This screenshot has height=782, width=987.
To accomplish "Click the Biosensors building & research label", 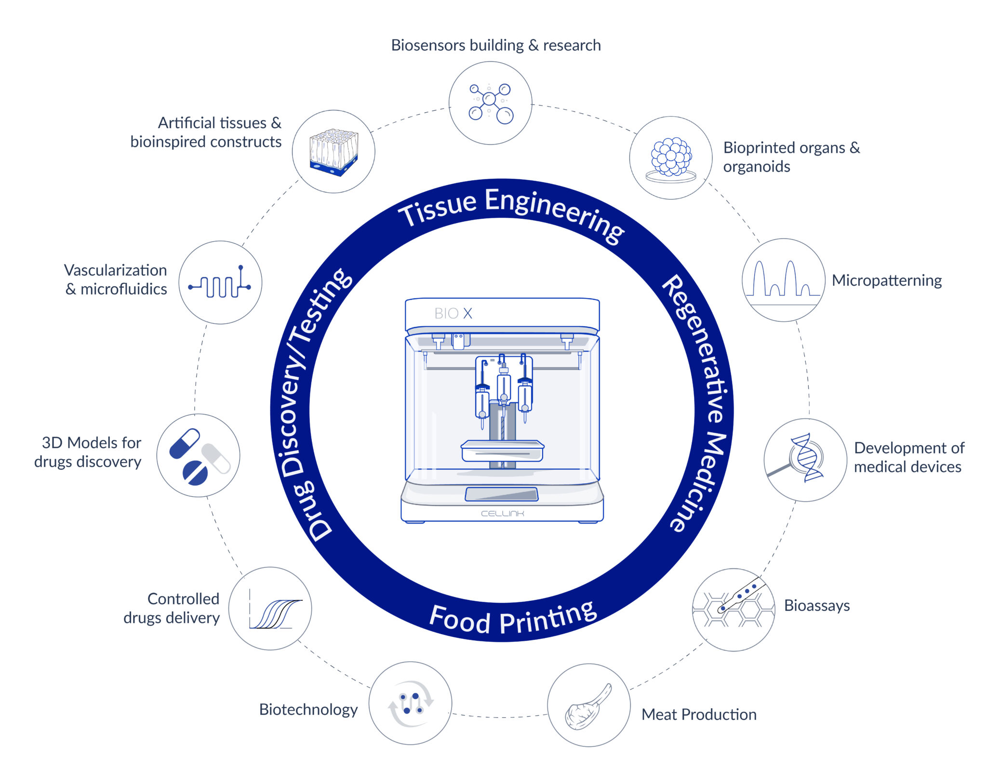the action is [496, 45].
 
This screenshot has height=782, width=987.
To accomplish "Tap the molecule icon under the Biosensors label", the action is [491, 103].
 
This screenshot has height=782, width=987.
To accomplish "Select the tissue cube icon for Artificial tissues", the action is [333, 152].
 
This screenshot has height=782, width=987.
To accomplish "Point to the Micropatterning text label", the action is [887, 280].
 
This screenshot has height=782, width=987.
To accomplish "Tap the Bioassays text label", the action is [817, 605].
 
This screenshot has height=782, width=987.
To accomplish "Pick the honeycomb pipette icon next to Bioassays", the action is [733, 605].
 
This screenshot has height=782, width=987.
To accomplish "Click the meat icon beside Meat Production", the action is [588, 707].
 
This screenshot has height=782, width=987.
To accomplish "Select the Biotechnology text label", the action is [308, 710].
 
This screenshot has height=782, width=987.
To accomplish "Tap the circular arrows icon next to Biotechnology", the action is [411, 703].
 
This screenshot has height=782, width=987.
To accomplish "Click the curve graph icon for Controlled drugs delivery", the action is [275, 610].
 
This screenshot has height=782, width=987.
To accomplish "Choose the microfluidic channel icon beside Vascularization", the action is [220, 282].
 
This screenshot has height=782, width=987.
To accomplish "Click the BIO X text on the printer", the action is [453, 314].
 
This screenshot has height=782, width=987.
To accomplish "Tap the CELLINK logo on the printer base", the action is [502, 514].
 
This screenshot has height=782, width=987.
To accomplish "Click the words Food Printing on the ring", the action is [513, 619].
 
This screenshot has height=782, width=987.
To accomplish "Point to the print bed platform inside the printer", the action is [502, 451].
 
